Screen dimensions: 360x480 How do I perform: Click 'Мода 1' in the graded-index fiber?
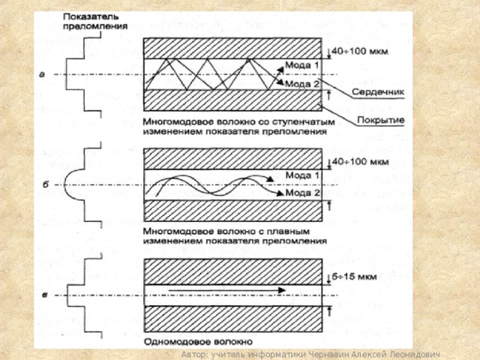point(304,175)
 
